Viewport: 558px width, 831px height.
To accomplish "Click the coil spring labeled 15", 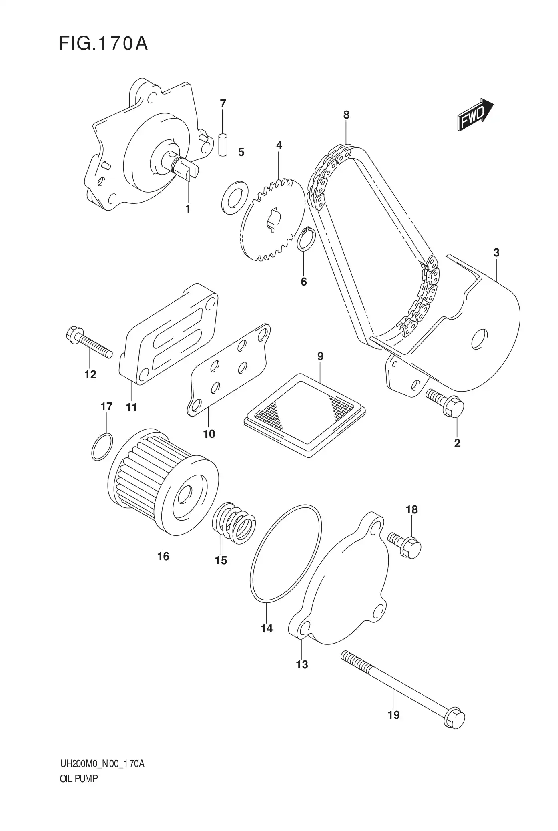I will (x=234, y=523).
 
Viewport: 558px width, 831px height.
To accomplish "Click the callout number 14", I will (x=267, y=628).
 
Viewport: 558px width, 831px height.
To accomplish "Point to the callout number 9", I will (x=320, y=356).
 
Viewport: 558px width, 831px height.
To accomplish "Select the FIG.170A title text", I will (x=103, y=44).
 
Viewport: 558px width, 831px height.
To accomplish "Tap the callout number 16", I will (x=163, y=556).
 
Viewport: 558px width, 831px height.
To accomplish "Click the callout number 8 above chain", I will (x=346, y=115).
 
